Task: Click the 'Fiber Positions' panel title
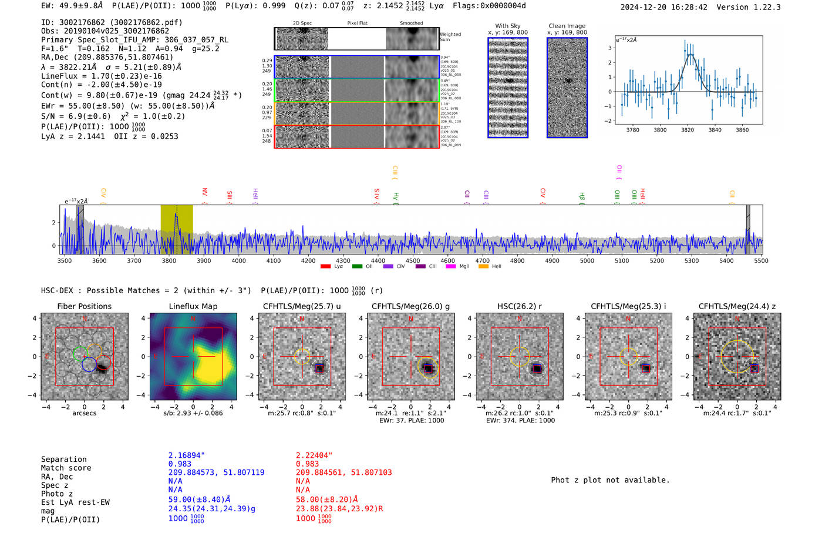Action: click(x=84, y=306)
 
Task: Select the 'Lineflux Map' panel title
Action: click(x=193, y=306)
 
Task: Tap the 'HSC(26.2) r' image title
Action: click(x=520, y=306)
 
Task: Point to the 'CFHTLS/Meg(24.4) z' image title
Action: click(x=737, y=306)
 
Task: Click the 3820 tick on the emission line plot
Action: click(x=688, y=130)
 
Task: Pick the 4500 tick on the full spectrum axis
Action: click(x=413, y=261)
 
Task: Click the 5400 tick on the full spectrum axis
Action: click(x=726, y=261)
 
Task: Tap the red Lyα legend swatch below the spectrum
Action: click(x=325, y=267)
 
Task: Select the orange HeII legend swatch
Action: click(x=483, y=267)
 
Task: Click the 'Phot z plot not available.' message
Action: click(x=610, y=480)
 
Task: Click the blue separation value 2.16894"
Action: click(x=187, y=455)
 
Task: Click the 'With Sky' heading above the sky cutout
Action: click(x=508, y=26)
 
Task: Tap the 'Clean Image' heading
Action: click(x=567, y=26)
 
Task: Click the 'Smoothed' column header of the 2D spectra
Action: click(x=411, y=24)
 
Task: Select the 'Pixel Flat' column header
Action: click(x=357, y=24)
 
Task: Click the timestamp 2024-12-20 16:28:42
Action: click(x=663, y=7)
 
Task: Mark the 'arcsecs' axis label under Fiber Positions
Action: click(x=84, y=413)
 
